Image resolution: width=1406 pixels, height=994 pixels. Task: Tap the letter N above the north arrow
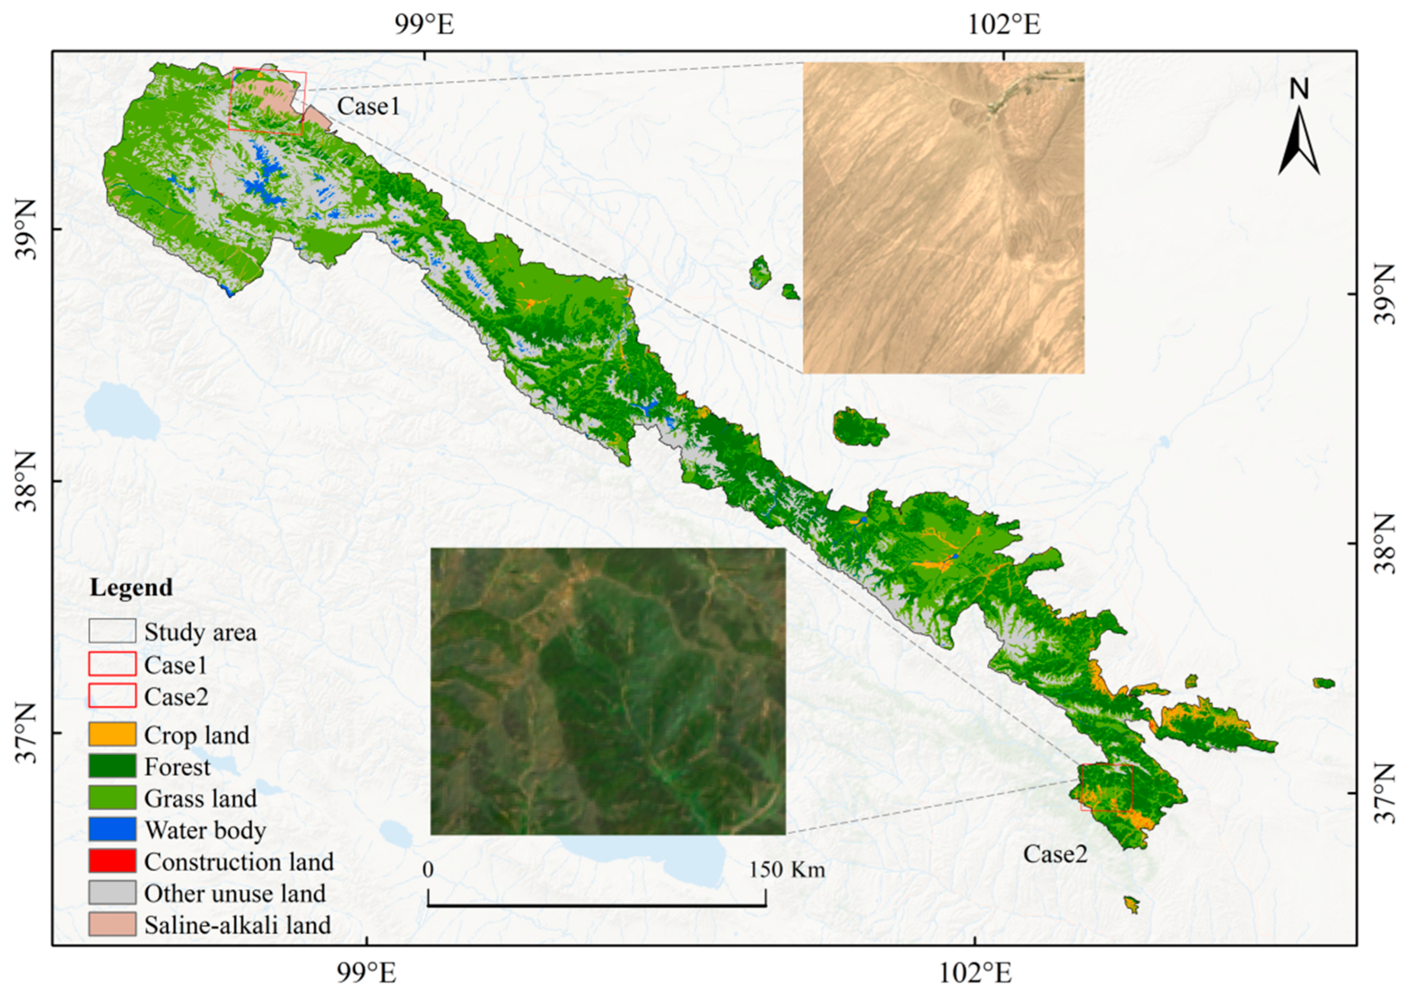pyautogui.click(x=1299, y=90)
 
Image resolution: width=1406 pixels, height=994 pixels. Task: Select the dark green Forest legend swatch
pyautogui.click(x=112, y=766)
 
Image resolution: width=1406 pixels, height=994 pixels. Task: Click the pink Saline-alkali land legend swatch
pyautogui.click(x=112, y=924)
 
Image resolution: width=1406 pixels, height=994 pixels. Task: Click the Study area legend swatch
pyautogui.click(x=112, y=631)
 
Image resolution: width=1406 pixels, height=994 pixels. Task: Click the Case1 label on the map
pyautogui.click(x=368, y=107)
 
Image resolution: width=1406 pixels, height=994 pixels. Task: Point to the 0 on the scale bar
pyautogui.click(x=428, y=869)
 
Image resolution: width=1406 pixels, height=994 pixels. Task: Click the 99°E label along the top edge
pyautogui.click(x=425, y=26)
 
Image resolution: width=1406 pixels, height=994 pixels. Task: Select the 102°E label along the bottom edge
pyautogui.click(x=973, y=972)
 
